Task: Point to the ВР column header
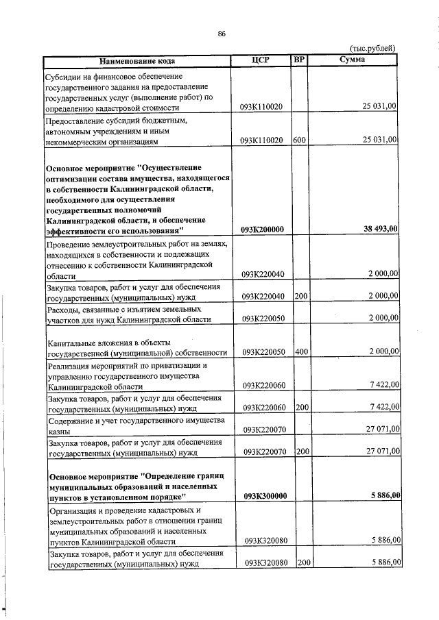click(x=298, y=60)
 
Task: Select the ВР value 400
click(x=300, y=351)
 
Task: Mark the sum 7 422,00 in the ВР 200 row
click(x=382, y=407)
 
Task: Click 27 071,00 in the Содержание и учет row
click(x=382, y=430)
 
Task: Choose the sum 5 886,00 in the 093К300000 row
click(x=383, y=495)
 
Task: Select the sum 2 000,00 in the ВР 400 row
click(x=382, y=351)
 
